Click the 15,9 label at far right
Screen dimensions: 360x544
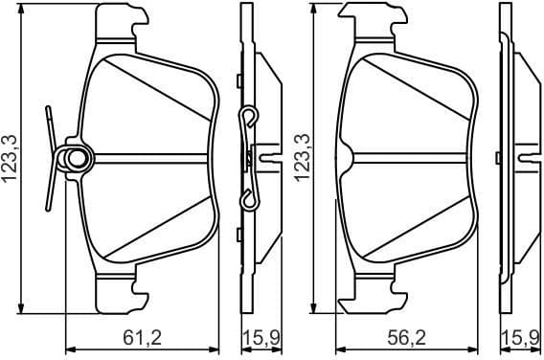(x=523, y=337)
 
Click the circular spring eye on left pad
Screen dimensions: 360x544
(x=73, y=157)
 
